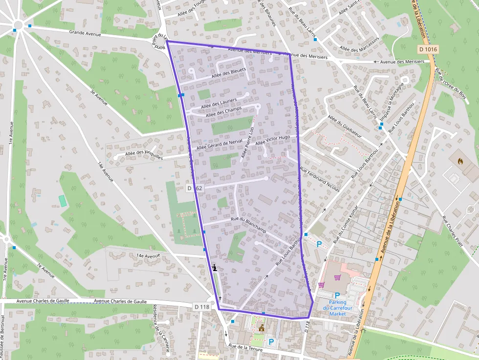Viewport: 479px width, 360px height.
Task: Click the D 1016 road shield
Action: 428,49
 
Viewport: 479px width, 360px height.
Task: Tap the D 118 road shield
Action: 201,307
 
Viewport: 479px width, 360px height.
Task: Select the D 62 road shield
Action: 195,188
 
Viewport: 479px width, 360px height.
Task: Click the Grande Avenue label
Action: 85,34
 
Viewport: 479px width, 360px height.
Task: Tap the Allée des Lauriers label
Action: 218,103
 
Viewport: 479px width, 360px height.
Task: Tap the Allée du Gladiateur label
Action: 345,127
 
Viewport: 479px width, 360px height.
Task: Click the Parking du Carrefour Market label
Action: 337,308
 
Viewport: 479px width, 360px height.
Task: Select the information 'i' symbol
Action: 215,267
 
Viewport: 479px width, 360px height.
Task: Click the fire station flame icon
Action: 460,160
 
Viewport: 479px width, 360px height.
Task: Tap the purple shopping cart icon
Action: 321,284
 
